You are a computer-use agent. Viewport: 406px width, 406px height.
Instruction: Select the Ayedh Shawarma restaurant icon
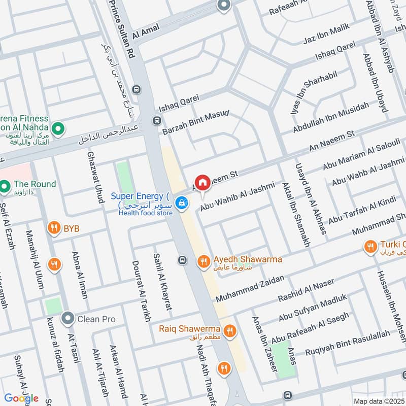(203, 261)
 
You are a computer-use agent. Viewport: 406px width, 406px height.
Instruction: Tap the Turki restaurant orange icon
(370, 247)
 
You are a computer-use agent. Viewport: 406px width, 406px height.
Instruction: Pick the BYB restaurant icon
(53, 229)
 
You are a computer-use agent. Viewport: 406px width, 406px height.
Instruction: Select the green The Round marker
(6, 188)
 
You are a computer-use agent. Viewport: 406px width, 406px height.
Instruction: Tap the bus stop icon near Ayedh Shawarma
(181, 260)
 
